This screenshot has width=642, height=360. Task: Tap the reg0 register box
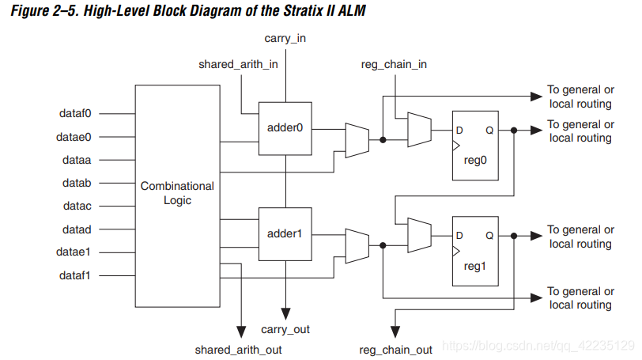click(474, 145)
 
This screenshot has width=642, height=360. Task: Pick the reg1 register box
click(474, 251)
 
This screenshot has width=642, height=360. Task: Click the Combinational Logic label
click(177, 193)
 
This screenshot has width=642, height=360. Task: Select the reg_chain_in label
click(393, 65)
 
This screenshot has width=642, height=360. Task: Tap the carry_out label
click(286, 329)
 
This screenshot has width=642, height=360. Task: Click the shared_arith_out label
click(238, 349)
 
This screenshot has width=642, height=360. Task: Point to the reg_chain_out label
click(395, 349)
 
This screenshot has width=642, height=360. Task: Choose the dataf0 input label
click(76, 114)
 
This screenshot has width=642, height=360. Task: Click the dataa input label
click(76, 160)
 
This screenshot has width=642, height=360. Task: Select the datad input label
click(76, 229)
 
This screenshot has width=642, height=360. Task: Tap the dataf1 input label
click(76, 275)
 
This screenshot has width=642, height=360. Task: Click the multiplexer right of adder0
click(357, 138)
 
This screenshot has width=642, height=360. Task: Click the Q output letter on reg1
click(490, 236)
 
